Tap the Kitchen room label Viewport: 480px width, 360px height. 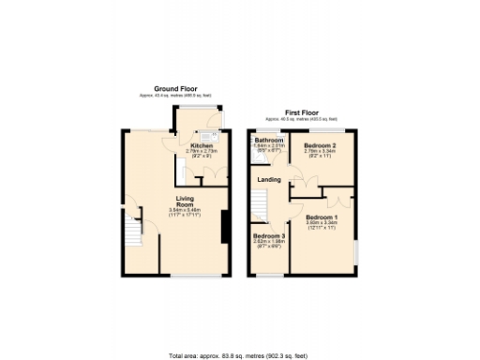click(202, 146)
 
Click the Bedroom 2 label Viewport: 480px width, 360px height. click(321, 146)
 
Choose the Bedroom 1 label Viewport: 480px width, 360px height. click(322, 216)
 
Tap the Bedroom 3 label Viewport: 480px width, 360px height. click(269, 235)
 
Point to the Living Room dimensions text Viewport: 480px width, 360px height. click(186, 212)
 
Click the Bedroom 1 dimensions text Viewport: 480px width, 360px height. click(322, 225)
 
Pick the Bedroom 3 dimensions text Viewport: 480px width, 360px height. click(269, 244)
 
